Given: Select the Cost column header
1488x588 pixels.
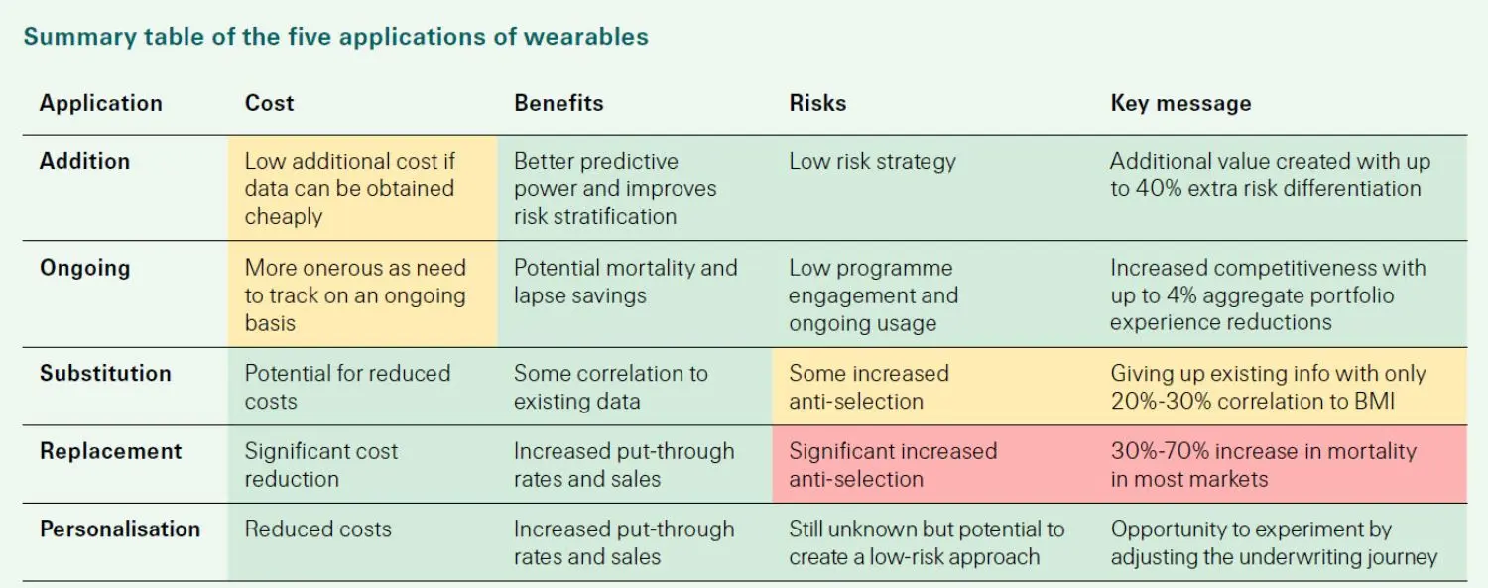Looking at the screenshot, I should tap(269, 103).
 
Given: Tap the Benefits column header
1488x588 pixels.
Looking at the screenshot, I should tap(558, 103).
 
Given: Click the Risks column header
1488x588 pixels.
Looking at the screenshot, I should tap(817, 103).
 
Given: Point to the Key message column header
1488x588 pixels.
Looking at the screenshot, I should tap(1180, 103).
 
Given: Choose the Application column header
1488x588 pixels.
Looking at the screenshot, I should tap(100, 103).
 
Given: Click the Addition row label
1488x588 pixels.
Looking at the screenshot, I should tap(84, 161).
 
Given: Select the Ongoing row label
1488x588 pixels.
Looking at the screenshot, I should tap(84, 268).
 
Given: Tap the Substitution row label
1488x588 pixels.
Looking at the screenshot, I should tap(105, 374).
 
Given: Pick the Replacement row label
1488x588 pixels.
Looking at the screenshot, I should tap(110, 451).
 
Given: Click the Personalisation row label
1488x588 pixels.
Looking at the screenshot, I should tap(119, 529).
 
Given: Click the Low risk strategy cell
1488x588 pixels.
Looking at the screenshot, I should tap(872, 161).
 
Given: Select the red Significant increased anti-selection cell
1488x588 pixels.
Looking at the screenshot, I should tap(892, 465).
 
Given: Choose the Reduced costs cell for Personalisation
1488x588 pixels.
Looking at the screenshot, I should tap(317, 529).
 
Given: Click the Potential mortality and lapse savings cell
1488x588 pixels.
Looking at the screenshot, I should tap(625, 282).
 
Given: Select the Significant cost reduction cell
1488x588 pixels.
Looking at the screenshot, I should tap(320, 465).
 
